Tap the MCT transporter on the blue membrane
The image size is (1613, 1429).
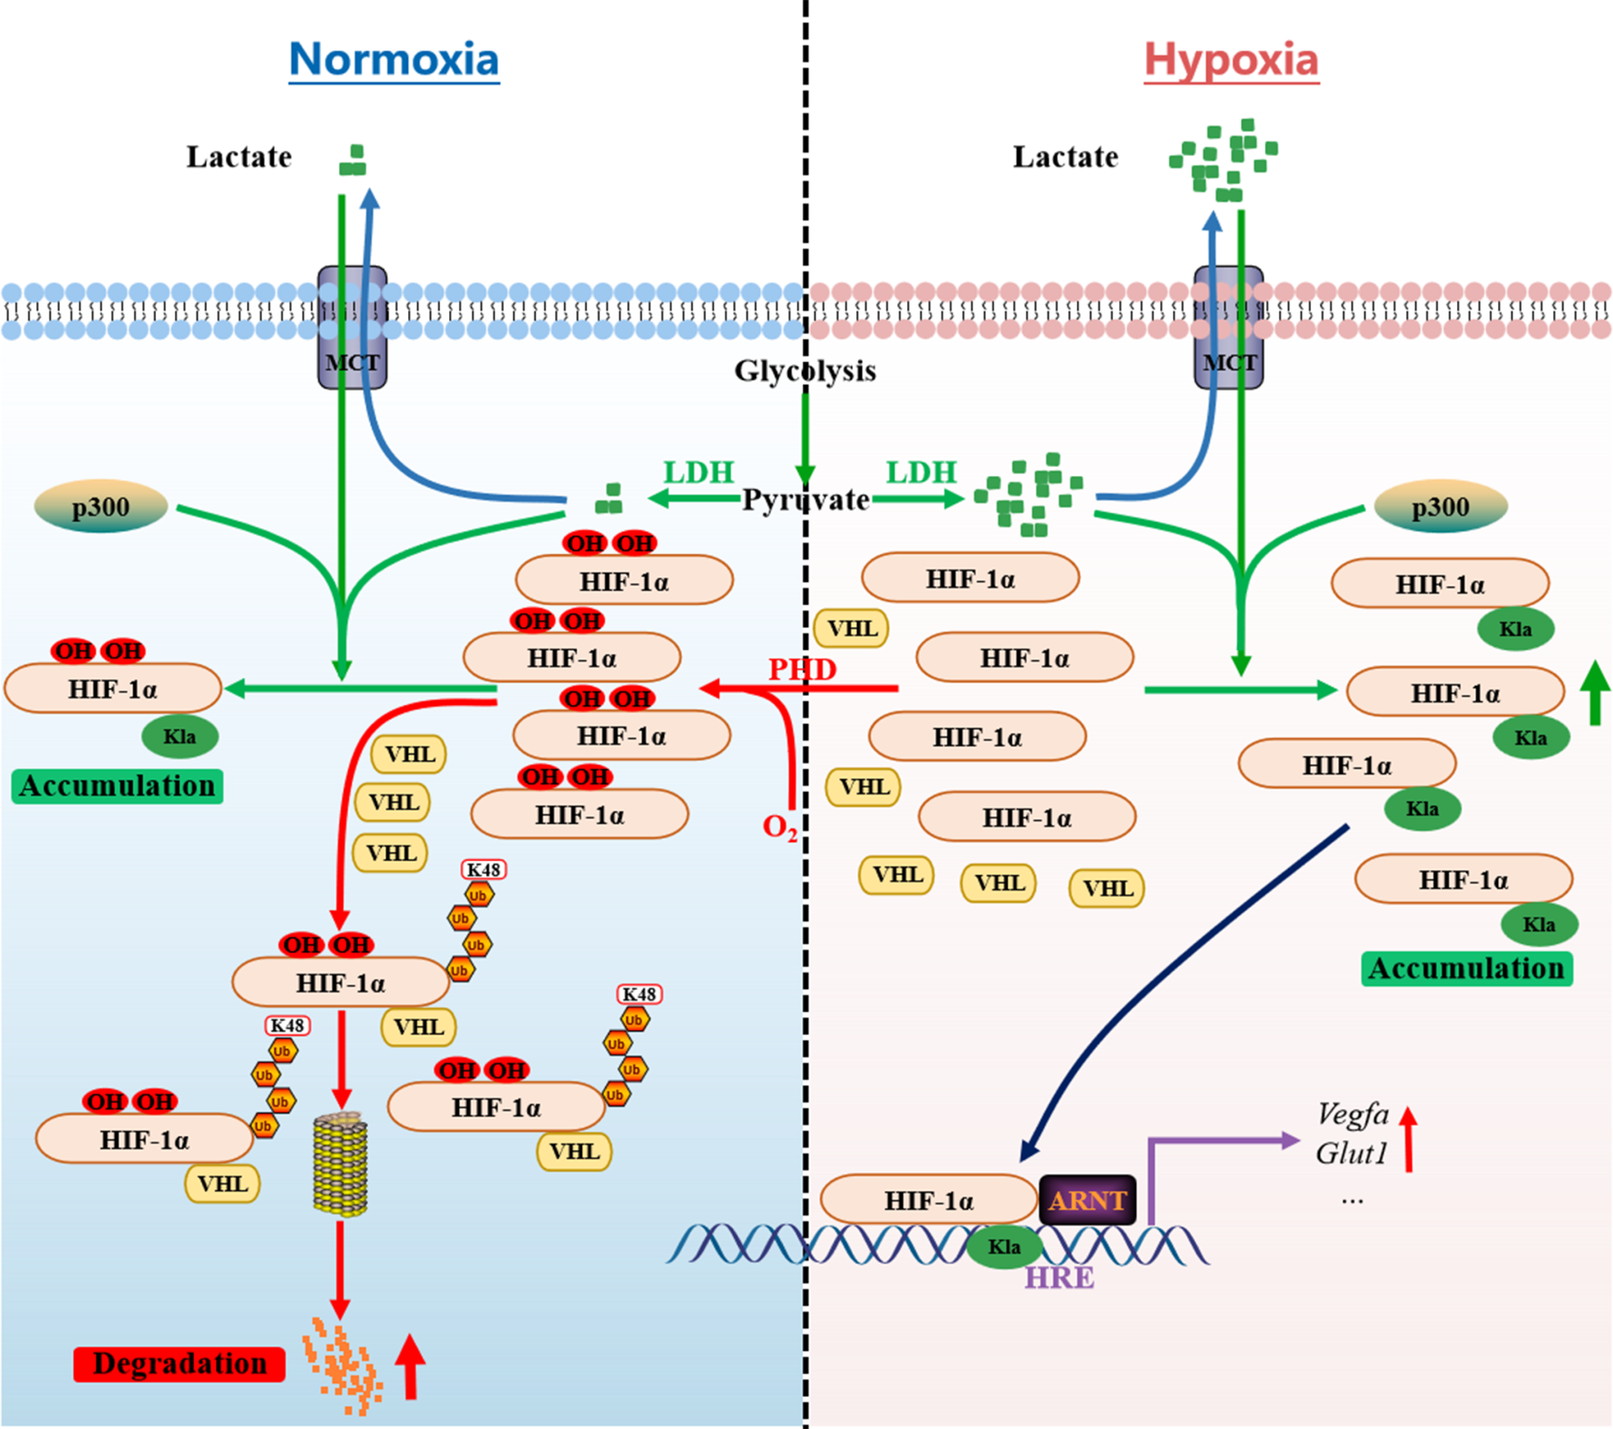click(352, 328)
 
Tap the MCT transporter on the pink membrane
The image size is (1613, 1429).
click(1229, 328)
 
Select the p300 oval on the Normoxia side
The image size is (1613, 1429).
click(101, 506)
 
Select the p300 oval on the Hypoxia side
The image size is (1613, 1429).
click(1441, 506)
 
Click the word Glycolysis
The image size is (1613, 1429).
click(805, 370)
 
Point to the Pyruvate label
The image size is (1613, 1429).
click(806, 499)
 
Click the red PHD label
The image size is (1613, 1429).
click(802, 669)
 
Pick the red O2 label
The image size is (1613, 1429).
click(780, 827)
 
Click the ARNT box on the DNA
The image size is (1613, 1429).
click(1088, 1200)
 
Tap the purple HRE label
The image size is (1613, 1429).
click(1059, 1278)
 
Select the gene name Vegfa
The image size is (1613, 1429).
click(1352, 1114)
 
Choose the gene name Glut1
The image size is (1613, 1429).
click(1351, 1153)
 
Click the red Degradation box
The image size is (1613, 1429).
click(179, 1364)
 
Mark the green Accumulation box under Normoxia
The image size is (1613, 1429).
click(117, 786)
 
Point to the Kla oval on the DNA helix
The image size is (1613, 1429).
click(1003, 1246)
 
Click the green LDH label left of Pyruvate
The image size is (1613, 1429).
click(699, 472)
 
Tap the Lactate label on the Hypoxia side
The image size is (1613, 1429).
click(1066, 157)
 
